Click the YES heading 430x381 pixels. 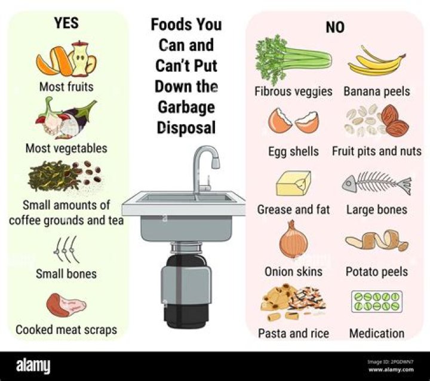(x=66, y=24)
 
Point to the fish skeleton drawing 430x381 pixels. (x=377, y=183)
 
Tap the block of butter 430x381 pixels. (x=293, y=183)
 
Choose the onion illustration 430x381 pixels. (x=293, y=240)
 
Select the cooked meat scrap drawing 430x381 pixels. (x=66, y=305)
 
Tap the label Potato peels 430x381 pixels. (x=377, y=272)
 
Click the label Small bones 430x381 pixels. (x=66, y=275)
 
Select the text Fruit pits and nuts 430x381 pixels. (x=377, y=151)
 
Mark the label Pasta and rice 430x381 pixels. (x=293, y=333)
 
